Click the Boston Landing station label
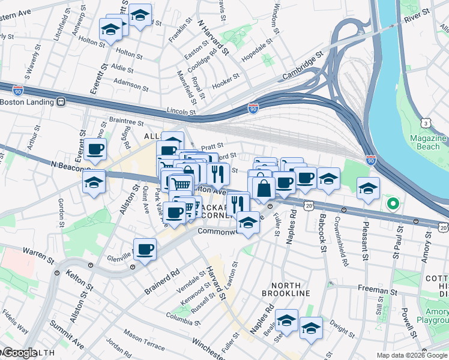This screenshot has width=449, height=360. [27, 102]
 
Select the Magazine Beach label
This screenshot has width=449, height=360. [428, 142]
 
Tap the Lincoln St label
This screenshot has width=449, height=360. [181, 111]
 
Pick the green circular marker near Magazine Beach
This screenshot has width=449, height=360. [393, 204]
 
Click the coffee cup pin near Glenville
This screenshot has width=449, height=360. [145, 249]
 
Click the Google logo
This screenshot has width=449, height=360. [19, 353]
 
